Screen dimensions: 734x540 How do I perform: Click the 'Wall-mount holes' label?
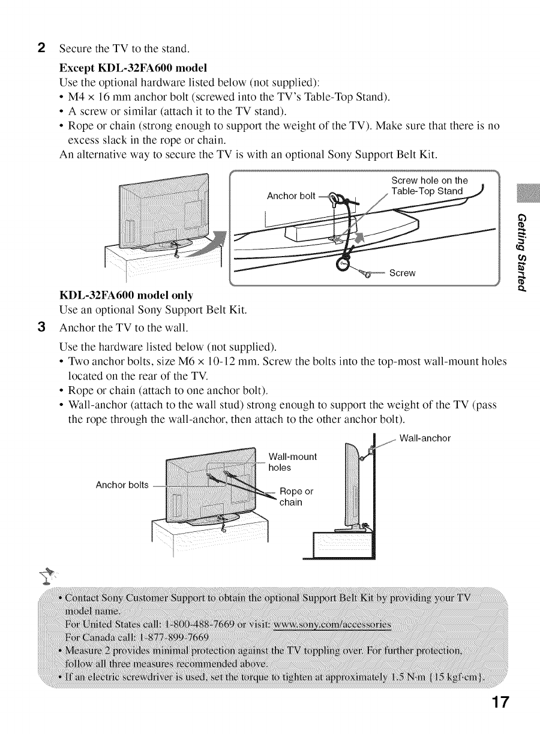[x=292, y=461]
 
